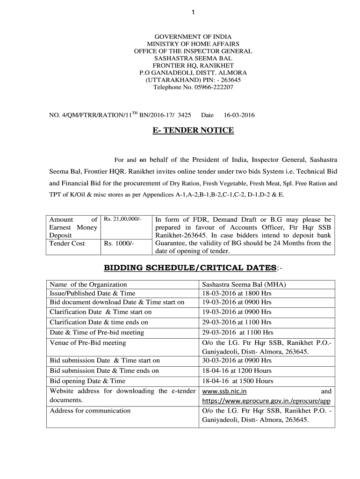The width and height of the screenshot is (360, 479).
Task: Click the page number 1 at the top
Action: point(193,12)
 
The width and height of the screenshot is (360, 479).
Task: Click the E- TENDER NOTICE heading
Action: point(193,130)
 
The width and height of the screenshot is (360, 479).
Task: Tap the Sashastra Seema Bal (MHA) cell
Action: point(244,284)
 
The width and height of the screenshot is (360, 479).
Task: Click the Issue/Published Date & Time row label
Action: point(93,293)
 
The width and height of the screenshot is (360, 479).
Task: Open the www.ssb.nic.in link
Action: point(224,391)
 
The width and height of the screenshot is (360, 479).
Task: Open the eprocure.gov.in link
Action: point(266,401)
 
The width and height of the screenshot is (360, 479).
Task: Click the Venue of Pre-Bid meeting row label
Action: point(88,342)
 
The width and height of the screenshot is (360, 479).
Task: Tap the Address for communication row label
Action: point(90,411)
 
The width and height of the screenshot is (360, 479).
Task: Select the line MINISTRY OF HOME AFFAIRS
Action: point(193,44)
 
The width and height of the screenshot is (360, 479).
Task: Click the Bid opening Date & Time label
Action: point(87,381)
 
